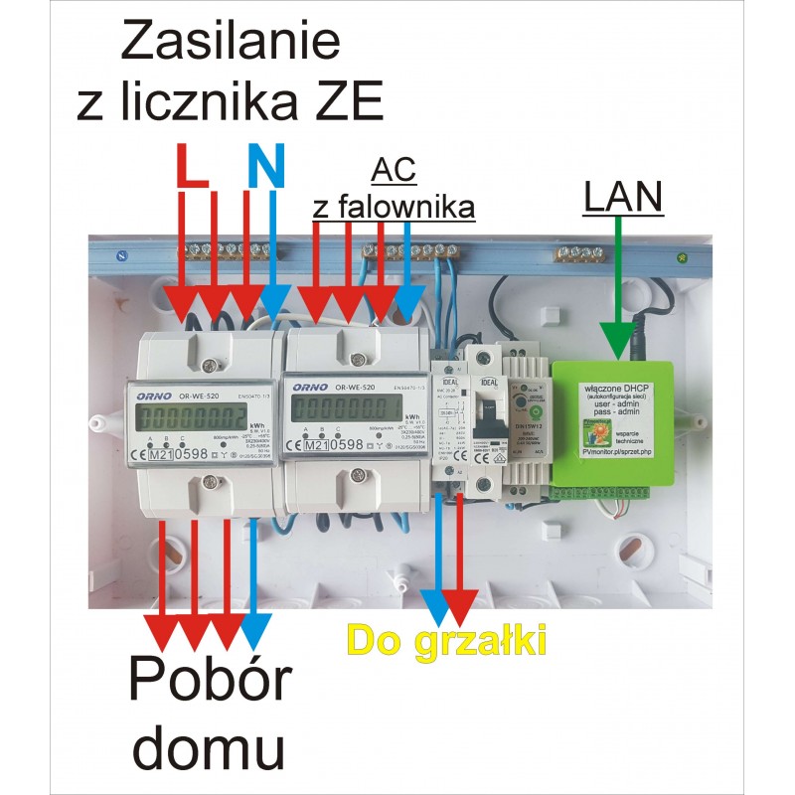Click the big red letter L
[x=192, y=166]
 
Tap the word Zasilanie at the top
[x=230, y=42]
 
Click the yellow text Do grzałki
[x=448, y=640]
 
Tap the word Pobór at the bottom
[x=212, y=684]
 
